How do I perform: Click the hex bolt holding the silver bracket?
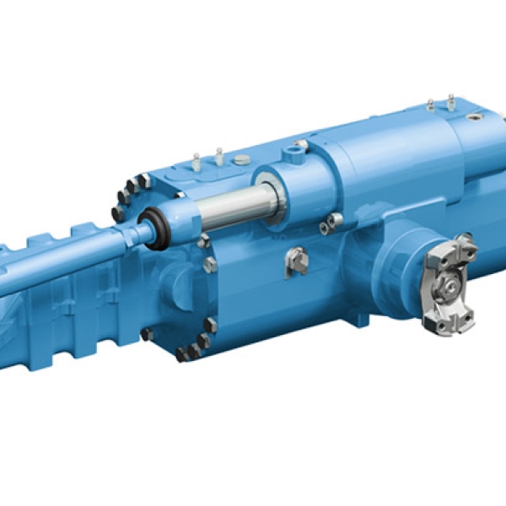pos(297,261)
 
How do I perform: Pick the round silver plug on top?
pos(242,159)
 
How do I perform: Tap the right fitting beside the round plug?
pos(219,155)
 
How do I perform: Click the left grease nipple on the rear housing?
pos(430,105)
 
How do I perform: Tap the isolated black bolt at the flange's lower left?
pos(147,334)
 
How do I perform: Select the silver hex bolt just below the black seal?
pos(202,241)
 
